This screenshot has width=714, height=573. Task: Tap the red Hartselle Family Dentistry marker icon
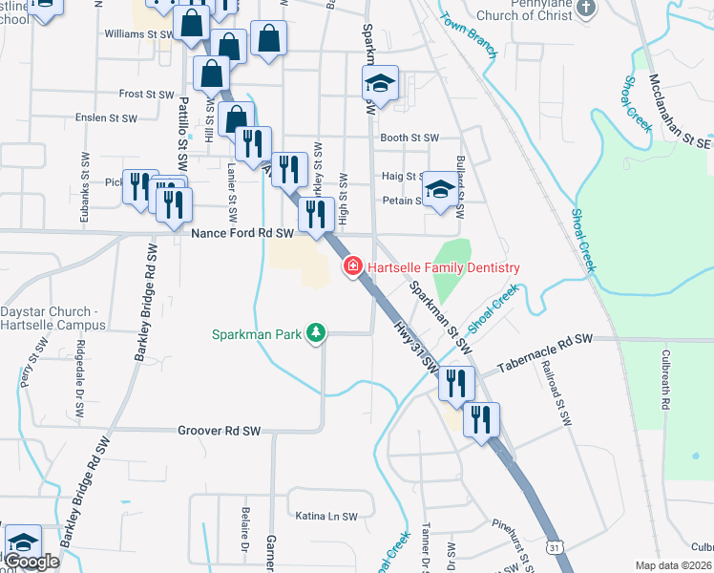351,267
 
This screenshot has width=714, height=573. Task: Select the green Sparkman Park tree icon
316,333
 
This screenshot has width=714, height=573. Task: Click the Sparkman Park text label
258,334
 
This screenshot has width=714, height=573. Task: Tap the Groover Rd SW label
219,431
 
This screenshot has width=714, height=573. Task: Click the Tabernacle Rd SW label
545,340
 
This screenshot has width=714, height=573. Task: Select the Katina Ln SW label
326,516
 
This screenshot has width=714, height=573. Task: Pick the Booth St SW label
409,138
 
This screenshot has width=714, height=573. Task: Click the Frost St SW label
145,95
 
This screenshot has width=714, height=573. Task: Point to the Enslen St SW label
107,118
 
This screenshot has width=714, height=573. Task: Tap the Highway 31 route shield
555,547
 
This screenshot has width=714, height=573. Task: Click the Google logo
31,561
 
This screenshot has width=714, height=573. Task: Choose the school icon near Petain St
440,188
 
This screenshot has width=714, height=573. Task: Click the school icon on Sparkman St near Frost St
380,83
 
